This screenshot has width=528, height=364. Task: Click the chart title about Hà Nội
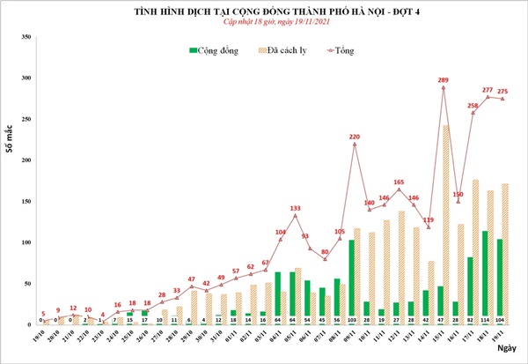[264, 11]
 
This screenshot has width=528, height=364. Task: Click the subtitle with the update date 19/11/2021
[264, 22]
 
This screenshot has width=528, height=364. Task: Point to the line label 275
[503, 91]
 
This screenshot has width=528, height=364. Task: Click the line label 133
[296, 208]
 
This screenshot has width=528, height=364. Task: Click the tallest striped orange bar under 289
[448, 225]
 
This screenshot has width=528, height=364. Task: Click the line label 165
[400, 182]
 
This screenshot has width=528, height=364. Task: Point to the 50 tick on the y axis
[27, 283]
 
